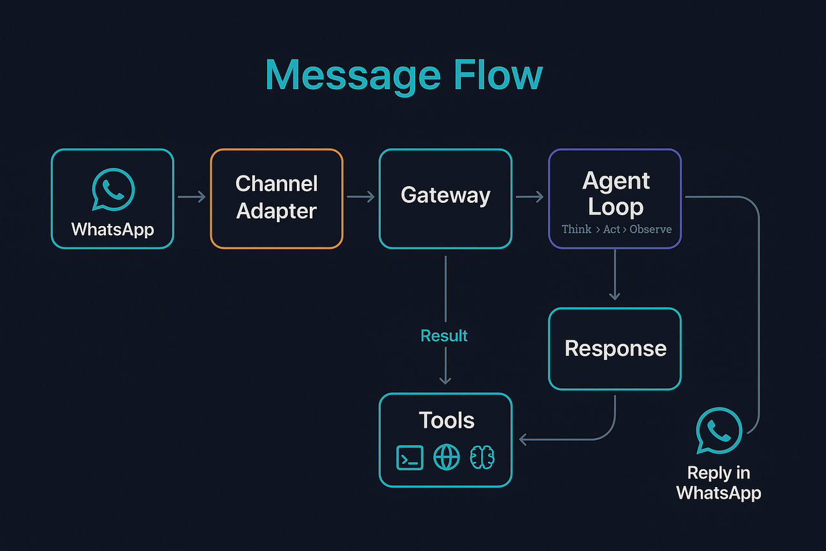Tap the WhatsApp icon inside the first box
pyautogui.click(x=113, y=189)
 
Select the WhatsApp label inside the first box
pyautogui.click(x=112, y=229)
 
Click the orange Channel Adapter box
pyautogui.click(x=276, y=198)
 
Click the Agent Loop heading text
pyautogui.click(x=616, y=194)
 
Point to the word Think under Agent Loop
pyautogui.click(x=576, y=229)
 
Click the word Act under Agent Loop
pyautogui.click(x=611, y=229)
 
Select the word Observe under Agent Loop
pyautogui.click(x=650, y=229)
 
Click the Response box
pyautogui.click(x=615, y=349)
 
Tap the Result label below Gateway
pyautogui.click(x=444, y=336)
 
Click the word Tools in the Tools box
pyautogui.click(x=447, y=421)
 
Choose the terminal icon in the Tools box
pyautogui.click(x=410, y=458)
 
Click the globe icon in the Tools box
pyautogui.click(x=447, y=458)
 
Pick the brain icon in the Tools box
pyautogui.click(x=483, y=458)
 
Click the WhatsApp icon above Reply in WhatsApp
pyautogui.click(x=719, y=430)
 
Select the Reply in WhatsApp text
pyautogui.click(x=719, y=483)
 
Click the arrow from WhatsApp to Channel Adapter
pyautogui.click(x=192, y=196)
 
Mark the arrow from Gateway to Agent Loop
pyautogui.click(x=530, y=196)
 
